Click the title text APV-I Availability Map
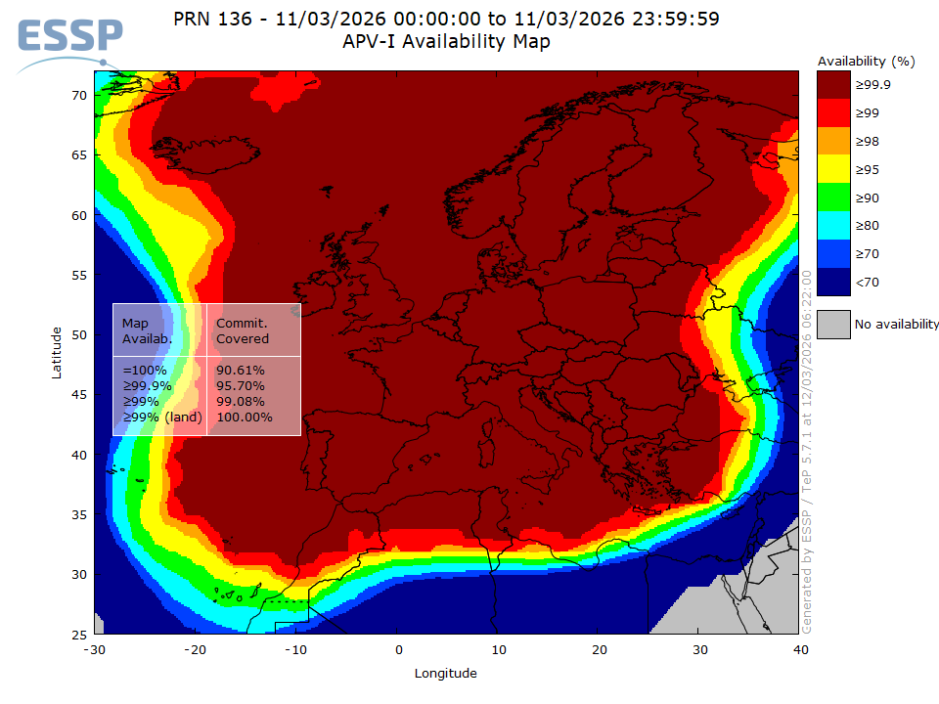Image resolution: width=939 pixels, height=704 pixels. (x=446, y=41)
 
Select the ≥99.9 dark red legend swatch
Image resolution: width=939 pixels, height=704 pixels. (x=833, y=85)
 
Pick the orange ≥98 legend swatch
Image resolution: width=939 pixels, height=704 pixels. (x=833, y=142)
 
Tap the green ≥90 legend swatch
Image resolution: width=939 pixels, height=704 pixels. (x=833, y=198)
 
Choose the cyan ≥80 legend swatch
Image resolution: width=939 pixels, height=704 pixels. (x=833, y=227)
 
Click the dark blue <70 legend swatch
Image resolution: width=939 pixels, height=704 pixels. (x=833, y=283)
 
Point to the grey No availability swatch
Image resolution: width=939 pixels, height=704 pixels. (x=833, y=324)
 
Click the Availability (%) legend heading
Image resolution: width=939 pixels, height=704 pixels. (x=866, y=61)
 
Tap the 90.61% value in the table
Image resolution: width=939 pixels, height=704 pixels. (x=240, y=371)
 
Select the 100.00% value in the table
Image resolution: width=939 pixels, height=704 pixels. (x=244, y=418)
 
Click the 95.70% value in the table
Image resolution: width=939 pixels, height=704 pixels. (x=240, y=386)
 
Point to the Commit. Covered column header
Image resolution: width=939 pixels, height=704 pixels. (x=242, y=330)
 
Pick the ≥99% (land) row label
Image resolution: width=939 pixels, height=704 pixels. (x=161, y=418)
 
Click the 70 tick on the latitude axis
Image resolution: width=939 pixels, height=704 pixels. (x=79, y=95)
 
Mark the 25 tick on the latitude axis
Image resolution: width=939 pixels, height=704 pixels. (x=79, y=635)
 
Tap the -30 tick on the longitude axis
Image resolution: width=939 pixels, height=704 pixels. (x=94, y=649)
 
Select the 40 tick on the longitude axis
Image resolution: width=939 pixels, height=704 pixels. (x=801, y=649)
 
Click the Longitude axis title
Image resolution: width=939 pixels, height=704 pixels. (x=446, y=673)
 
